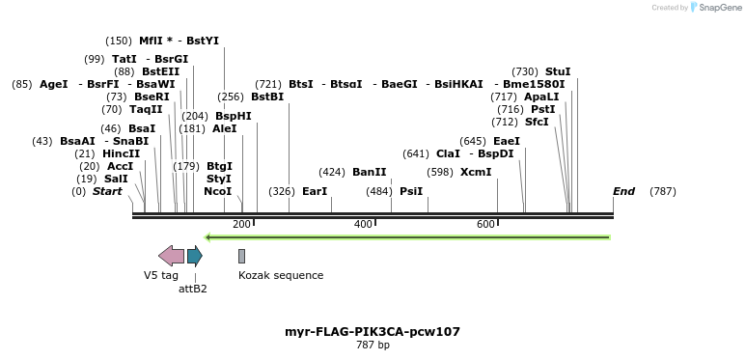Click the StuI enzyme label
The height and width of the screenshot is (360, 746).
(x=558, y=71)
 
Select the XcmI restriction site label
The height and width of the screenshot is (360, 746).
(x=475, y=172)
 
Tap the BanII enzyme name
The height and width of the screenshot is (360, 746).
(x=369, y=172)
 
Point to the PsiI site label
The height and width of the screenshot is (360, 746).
(x=411, y=191)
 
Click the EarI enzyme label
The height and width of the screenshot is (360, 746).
(x=315, y=191)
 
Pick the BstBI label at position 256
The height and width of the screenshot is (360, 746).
(x=267, y=97)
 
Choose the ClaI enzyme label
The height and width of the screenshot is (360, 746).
(x=448, y=153)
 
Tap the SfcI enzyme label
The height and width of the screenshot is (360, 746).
(x=534, y=122)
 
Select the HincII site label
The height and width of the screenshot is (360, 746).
(x=121, y=153)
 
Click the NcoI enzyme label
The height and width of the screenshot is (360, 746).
(x=218, y=191)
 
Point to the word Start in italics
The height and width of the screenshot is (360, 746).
(x=107, y=191)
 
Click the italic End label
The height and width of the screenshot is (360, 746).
(x=623, y=191)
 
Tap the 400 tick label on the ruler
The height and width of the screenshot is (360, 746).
(x=363, y=224)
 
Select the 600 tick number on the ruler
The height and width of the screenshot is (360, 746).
(x=485, y=224)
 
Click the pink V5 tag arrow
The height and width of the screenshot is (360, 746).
(x=171, y=255)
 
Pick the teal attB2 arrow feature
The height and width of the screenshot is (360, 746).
(x=194, y=255)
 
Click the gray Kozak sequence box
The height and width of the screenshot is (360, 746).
(x=241, y=255)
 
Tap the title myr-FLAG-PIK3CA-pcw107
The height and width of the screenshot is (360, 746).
(x=373, y=331)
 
